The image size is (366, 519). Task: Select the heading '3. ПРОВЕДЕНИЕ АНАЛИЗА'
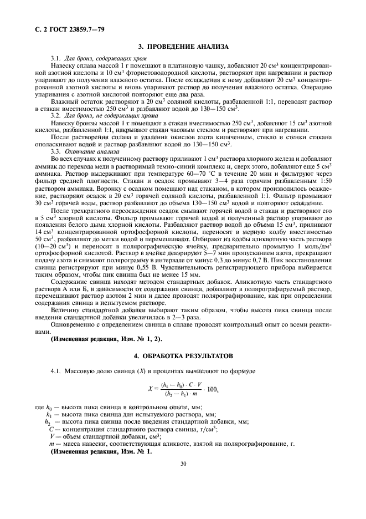pyautogui.click(x=183, y=46)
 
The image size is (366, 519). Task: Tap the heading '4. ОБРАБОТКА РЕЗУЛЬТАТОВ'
pyautogui.click(x=183, y=354)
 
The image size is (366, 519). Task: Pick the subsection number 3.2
pyautogui.click(x=56, y=115)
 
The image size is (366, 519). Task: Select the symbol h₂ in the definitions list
pyautogui.click(x=48, y=422)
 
